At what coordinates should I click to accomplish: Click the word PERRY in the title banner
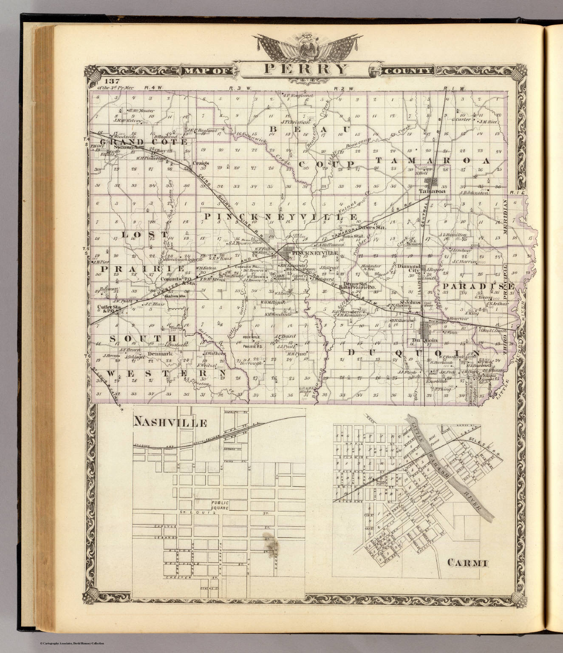click(x=306, y=68)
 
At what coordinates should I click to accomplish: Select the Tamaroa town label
click(x=429, y=191)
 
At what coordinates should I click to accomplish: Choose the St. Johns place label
click(x=412, y=302)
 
